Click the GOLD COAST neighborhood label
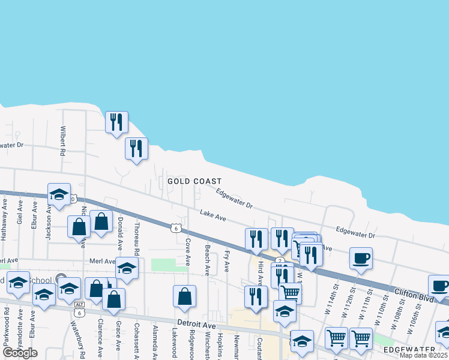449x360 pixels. (194, 181)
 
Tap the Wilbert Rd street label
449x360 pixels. (62, 141)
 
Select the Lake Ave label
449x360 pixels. (212, 214)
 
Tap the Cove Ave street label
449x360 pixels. (187, 252)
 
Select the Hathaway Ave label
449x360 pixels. (4, 221)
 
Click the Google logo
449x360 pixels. (20, 352)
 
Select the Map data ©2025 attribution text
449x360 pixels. (424, 355)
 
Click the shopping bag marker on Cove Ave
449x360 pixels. (185, 296)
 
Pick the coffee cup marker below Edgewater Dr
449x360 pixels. (361, 259)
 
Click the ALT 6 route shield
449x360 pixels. (79, 307)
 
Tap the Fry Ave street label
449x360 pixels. (227, 260)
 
